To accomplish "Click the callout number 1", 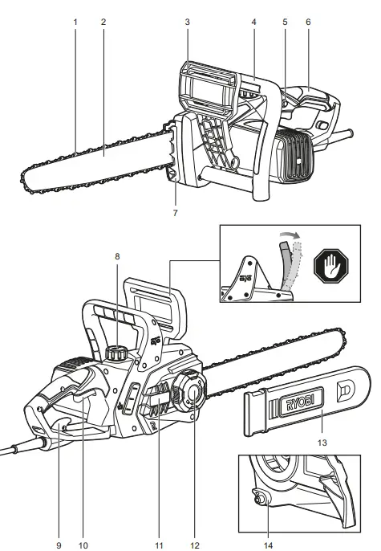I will (75, 22).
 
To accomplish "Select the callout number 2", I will (103, 22).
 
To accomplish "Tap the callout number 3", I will (187, 22).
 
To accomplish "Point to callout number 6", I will (309, 22).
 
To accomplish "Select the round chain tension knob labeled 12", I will (194, 392).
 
